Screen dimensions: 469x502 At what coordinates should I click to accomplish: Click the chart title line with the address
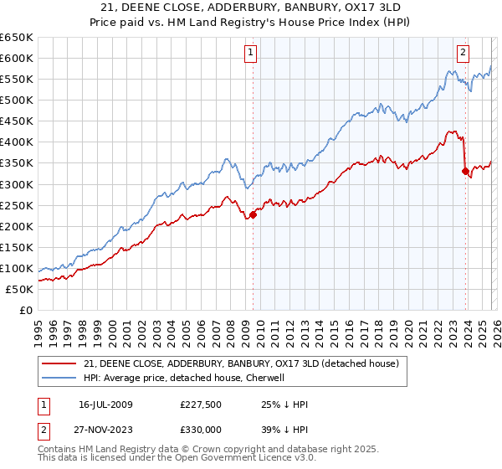pos(251,7)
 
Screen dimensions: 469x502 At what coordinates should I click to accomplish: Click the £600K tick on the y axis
pos(17,58)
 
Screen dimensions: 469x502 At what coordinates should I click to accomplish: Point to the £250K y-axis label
pos(17,205)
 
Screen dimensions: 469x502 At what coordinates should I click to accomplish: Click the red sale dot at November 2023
pos(465,171)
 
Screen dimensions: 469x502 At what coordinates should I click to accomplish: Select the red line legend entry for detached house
pos(243,363)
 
